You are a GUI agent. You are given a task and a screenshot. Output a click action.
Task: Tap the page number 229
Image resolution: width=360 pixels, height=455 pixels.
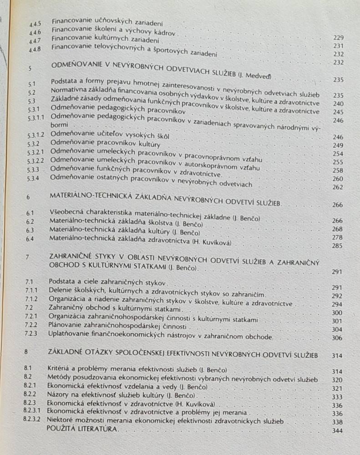click(338, 38)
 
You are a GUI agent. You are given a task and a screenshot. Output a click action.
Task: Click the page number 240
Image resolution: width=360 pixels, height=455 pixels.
click(338, 104)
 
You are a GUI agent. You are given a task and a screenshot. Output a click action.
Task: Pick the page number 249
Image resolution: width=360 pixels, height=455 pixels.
click(338, 145)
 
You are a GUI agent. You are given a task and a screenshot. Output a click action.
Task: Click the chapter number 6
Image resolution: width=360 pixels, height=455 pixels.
click(28, 197)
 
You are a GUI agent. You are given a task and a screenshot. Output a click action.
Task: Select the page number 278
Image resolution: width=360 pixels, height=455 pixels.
click(337, 237)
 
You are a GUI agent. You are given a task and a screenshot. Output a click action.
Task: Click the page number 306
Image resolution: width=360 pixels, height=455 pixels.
click(337, 338)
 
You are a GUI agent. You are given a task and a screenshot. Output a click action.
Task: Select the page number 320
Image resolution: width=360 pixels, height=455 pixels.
click(337, 379)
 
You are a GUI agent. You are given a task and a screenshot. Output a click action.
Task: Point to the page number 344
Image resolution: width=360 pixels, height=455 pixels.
click(337, 431)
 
